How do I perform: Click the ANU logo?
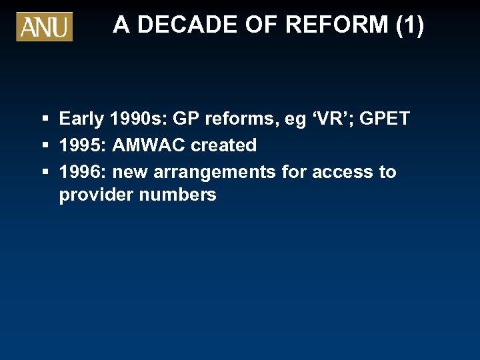click(x=44, y=27)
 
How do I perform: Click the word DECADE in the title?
click(x=177, y=25)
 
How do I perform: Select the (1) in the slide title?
click(x=409, y=25)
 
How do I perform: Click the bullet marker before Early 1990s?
click(x=45, y=119)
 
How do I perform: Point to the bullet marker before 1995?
click(x=45, y=145)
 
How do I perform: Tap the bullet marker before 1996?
click(x=45, y=172)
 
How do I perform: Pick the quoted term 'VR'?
click(x=317, y=119)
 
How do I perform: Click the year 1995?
click(x=84, y=145)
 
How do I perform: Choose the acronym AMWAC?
click(x=150, y=145)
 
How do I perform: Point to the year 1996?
click(x=84, y=172)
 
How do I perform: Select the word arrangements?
click(x=215, y=173)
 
